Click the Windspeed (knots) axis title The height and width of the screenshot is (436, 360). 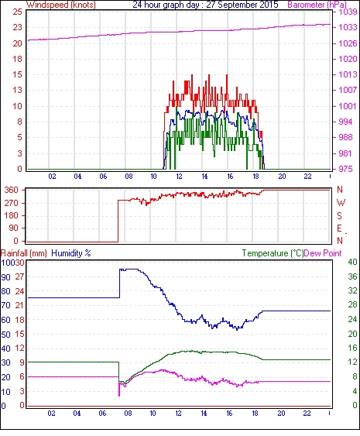pyautogui.click(x=61, y=5)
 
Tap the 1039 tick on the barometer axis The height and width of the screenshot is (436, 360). pyautogui.click(x=348, y=12)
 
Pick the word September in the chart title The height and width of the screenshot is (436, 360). pyautogui.click(x=230, y=5)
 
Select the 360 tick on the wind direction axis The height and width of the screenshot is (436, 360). pyautogui.click(x=12, y=191)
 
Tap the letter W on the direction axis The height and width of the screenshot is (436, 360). pyautogui.click(x=341, y=203)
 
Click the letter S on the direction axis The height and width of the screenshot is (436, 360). pyautogui.click(x=339, y=216)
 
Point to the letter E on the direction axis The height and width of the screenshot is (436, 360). pyautogui.click(x=339, y=228)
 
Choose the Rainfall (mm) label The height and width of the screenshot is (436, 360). pyautogui.click(x=24, y=253)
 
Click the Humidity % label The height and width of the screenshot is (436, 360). pyautogui.click(x=71, y=253)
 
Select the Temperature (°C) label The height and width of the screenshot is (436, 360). pyautogui.click(x=273, y=253)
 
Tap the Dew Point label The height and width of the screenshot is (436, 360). pyautogui.click(x=323, y=253)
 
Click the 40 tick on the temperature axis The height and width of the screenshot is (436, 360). pyautogui.click(x=352, y=262)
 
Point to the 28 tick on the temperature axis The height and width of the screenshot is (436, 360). pyautogui.click(x=352, y=305)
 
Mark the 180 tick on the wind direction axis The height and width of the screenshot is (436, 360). pyautogui.click(x=12, y=216)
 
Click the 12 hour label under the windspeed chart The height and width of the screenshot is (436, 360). pyautogui.click(x=179, y=177)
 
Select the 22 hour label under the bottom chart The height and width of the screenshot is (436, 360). pyautogui.click(x=307, y=414)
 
